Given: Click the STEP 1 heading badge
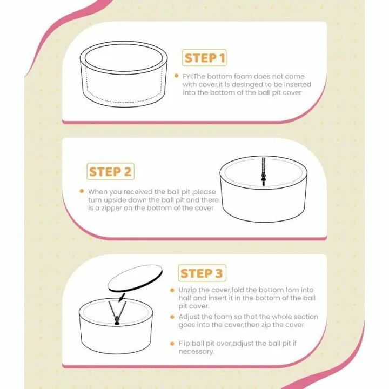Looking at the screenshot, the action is pos(204,58).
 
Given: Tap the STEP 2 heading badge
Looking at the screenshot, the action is pos(110,171).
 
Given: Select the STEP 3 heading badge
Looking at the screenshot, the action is pos(202,273).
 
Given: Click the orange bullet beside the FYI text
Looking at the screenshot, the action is pos(176,76).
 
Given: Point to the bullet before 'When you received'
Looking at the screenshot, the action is pos(82,191).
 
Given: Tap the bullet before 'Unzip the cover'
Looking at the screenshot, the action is pos(172,290).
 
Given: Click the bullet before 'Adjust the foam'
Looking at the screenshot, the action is pos(172,317).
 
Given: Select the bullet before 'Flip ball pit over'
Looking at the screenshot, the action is pos(172,344).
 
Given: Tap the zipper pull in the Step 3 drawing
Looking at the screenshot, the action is pos(117,321).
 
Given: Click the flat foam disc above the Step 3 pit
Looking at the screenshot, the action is pos(135,278).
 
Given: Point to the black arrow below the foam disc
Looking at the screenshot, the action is pos(122,297).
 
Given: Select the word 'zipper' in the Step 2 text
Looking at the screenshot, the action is pos(111,209).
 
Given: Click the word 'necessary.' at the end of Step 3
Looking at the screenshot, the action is pos(197,352).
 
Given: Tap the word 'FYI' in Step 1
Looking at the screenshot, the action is pos(187,76).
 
